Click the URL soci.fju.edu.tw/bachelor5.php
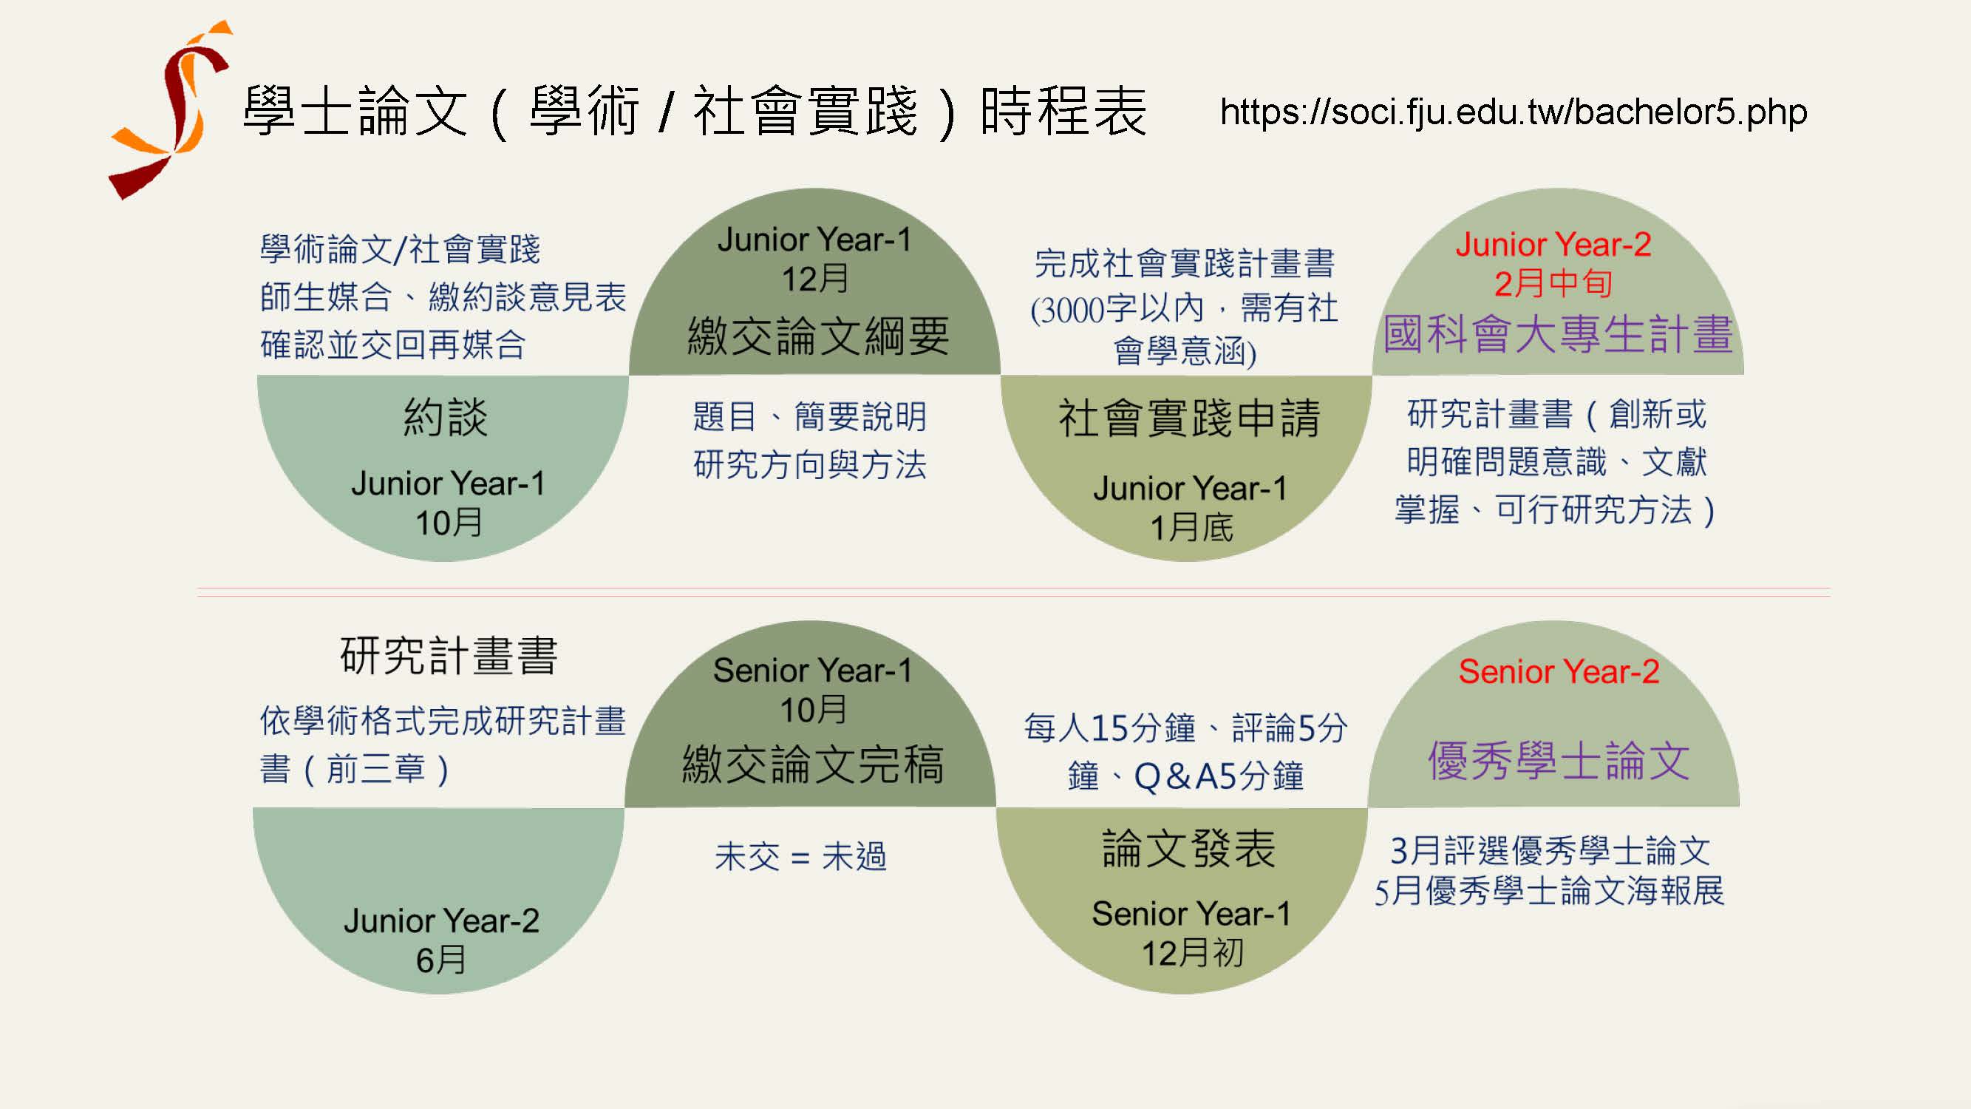coord(1514,112)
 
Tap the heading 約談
coord(446,417)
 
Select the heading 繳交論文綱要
coord(818,335)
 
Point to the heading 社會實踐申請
coord(1189,418)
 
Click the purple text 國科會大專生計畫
coord(1559,333)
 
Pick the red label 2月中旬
coord(1553,283)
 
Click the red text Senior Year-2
coord(1559,671)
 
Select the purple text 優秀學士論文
coord(1559,761)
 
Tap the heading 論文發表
coord(1189,849)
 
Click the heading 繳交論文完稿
coord(814,764)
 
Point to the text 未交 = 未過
coord(801,856)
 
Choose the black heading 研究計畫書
coord(449,656)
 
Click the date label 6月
coord(440,960)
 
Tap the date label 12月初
coord(1192,953)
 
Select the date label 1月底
coord(1192,527)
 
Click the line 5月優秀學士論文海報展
coord(1550,891)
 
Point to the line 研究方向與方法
coord(810,464)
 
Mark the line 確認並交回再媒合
coord(393,345)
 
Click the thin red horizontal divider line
coord(1014,591)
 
